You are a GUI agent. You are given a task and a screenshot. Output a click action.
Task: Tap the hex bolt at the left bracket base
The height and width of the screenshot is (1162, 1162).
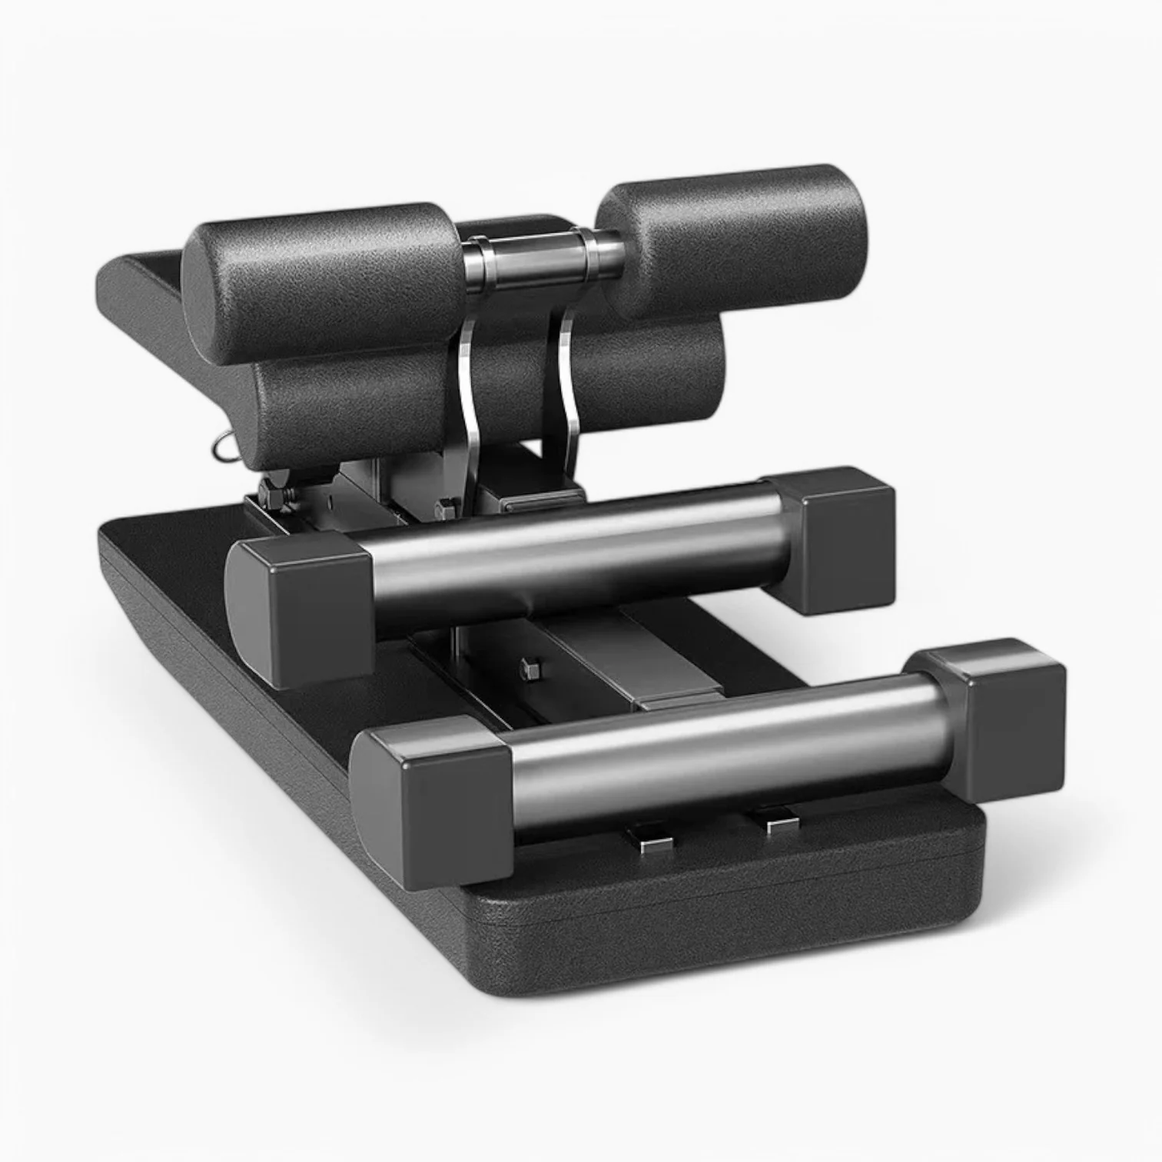tap(448, 507)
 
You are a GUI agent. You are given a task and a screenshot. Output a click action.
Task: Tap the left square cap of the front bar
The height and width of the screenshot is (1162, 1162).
tap(434, 799)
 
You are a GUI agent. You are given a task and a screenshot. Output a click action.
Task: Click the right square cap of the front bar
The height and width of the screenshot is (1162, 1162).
tap(999, 715)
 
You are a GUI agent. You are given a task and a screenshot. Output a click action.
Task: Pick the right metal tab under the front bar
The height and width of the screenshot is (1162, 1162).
tap(778, 822)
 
